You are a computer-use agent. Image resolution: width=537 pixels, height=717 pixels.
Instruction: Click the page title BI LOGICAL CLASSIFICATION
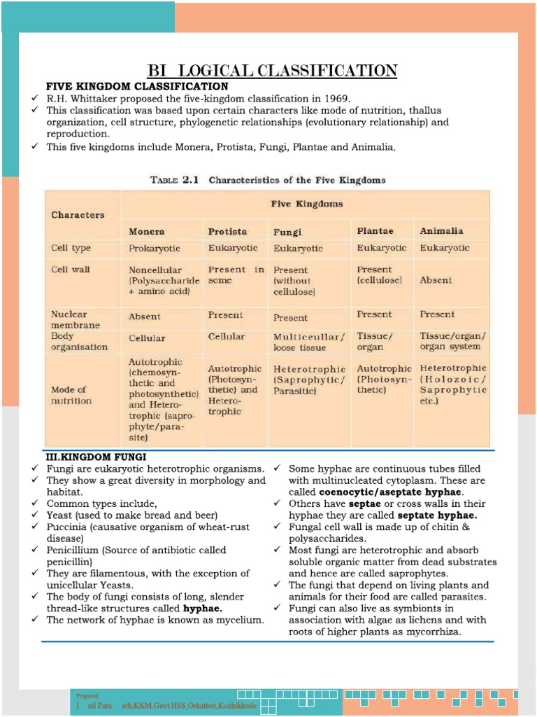pos(272,70)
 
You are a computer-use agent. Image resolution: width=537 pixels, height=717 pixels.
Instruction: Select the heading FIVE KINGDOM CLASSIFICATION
pos(137,86)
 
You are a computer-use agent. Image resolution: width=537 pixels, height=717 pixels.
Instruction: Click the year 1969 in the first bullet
pos(336,98)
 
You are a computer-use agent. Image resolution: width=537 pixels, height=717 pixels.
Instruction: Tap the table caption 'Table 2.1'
pos(176,180)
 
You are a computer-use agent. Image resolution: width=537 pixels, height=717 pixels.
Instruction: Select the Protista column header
pos(227,231)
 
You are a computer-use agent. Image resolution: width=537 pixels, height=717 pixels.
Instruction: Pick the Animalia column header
pos(441,230)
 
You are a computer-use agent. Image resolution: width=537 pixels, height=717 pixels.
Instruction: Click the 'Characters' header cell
pos(78,215)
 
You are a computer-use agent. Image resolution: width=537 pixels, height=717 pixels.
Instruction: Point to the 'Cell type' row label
pos(71,248)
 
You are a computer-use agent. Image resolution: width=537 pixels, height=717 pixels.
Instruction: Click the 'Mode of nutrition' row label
pos(71,395)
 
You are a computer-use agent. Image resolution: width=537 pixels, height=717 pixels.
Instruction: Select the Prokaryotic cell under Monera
pos(155,248)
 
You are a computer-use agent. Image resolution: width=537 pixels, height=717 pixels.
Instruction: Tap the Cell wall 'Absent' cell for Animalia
pos(436,279)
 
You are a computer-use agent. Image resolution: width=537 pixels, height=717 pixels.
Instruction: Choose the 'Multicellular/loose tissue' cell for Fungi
pos(309,342)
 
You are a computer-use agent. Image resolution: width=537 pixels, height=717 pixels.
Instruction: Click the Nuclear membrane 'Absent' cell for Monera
pos(144,316)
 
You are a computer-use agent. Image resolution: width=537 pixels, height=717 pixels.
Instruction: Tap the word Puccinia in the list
pos(67,527)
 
